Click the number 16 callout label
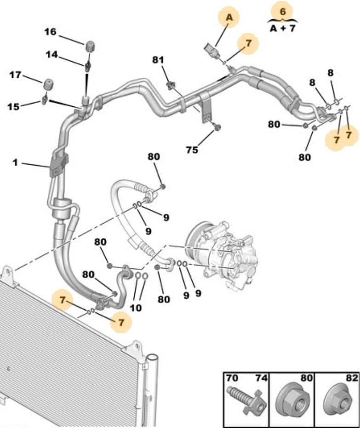[x=50, y=32]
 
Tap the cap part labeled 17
[x=48, y=84]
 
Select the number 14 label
[x=51, y=55]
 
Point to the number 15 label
[x=13, y=106]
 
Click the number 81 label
[x=158, y=59]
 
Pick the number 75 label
[x=192, y=150]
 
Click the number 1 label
[x=15, y=162]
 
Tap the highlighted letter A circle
[x=229, y=17]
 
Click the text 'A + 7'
[x=282, y=28]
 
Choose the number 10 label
[x=136, y=308]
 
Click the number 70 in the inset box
[x=232, y=378]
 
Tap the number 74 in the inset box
[x=261, y=378]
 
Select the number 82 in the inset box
[x=351, y=378]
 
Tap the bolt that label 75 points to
[x=217, y=127]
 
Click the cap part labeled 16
[x=90, y=46]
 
